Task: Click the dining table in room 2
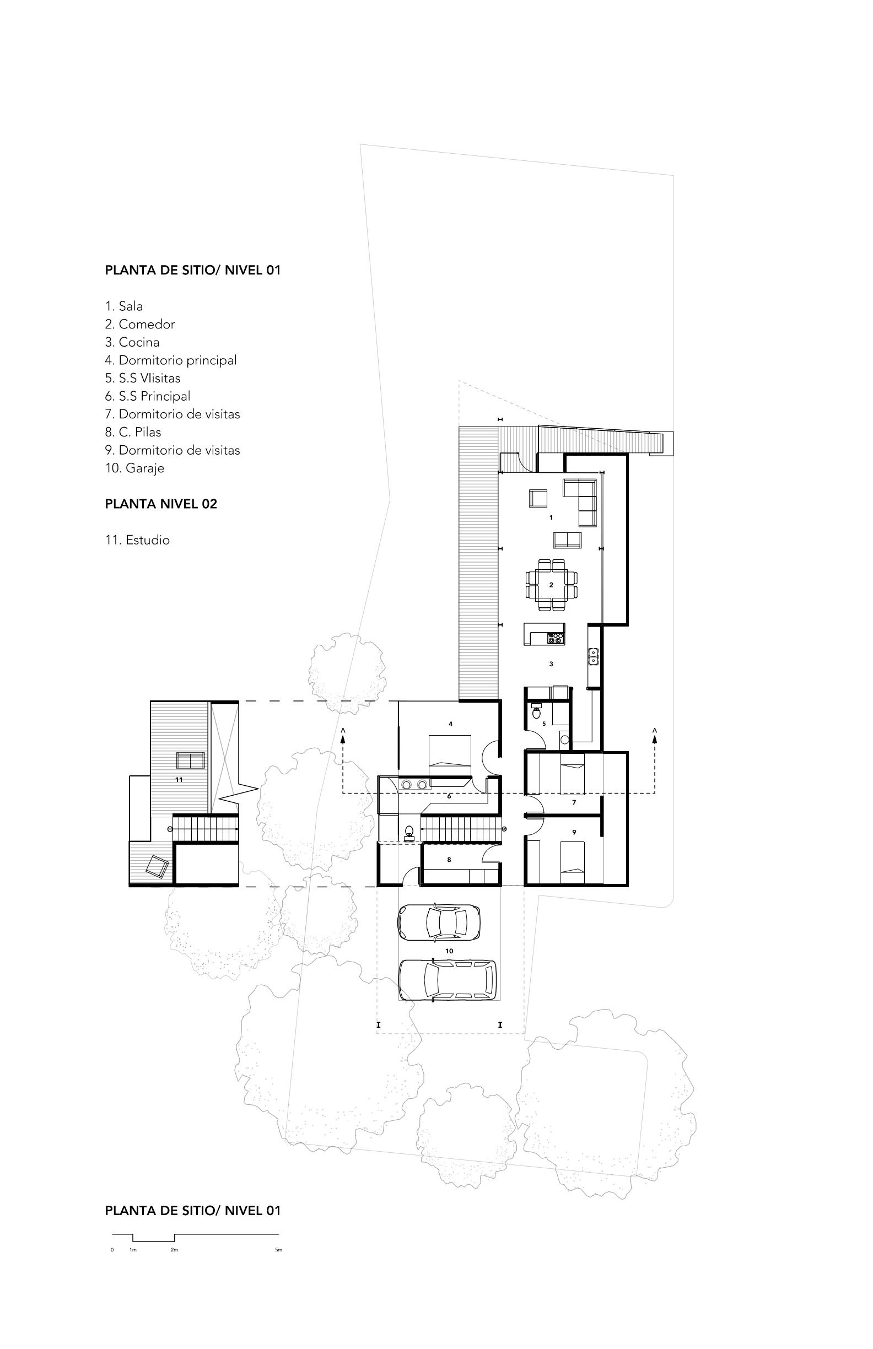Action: pyautogui.click(x=552, y=584)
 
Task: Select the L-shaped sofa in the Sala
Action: pyautogui.click(x=580, y=501)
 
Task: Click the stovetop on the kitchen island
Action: pyautogui.click(x=555, y=638)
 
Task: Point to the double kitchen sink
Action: pyautogui.click(x=594, y=656)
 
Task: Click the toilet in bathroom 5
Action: pyautogui.click(x=536, y=711)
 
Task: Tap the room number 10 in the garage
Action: pyautogui.click(x=449, y=951)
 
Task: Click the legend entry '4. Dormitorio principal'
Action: pyautogui.click(x=171, y=360)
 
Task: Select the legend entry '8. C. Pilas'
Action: pyautogui.click(x=133, y=432)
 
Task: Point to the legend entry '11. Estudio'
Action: pyautogui.click(x=137, y=539)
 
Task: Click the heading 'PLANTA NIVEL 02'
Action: pyautogui.click(x=161, y=504)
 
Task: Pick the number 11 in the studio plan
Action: pyautogui.click(x=179, y=780)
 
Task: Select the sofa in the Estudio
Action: pyautogui.click(x=191, y=760)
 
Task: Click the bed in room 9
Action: pyautogui.click(x=572, y=862)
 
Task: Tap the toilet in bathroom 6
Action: pyautogui.click(x=409, y=833)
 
